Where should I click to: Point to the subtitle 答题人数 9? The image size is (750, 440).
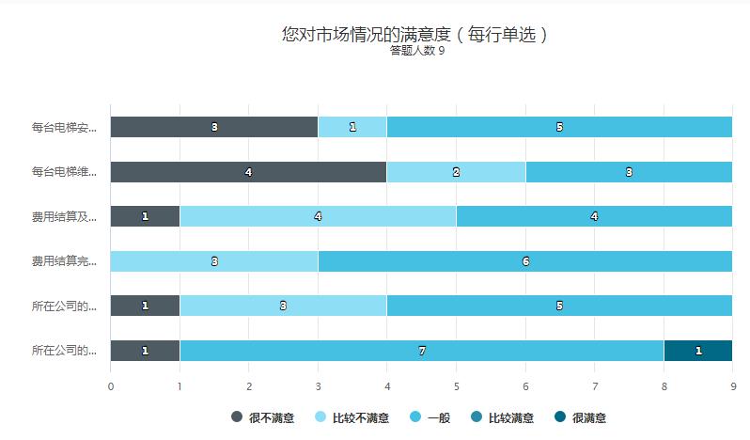[416, 51]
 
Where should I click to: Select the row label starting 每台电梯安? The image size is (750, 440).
[64, 127]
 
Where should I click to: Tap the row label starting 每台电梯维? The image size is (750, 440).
[64, 172]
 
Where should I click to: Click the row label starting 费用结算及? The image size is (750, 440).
[64, 216]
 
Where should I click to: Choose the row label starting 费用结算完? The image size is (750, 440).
[64, 261]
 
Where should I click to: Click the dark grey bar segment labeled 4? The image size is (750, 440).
[248, 172]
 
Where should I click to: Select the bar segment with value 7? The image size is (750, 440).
[422, 351]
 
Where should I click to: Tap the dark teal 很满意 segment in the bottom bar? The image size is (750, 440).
[698, 351]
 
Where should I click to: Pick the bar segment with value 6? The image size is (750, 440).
[525, 261]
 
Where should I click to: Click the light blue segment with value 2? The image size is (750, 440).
[456, 172]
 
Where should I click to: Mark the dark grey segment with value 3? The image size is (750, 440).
[214, 127]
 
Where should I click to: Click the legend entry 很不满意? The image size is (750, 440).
[258, 417]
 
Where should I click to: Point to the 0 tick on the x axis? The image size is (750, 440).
[111, 385]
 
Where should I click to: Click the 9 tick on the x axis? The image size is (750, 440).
[732, 385]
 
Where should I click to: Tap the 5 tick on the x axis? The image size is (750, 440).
[456, 385]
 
